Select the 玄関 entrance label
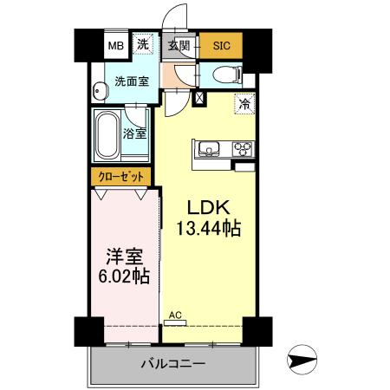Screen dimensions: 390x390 click(179, 45)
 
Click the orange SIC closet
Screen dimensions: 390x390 click(222, 46)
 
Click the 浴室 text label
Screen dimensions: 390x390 click(135, 134)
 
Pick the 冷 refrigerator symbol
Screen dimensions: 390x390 click(244, 103)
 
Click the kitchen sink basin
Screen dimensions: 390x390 click(210, 149)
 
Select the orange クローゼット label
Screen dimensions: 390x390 click(122, 177)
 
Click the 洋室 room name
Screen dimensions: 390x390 click(123, 257)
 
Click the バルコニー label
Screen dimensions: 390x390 click(172, 364)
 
